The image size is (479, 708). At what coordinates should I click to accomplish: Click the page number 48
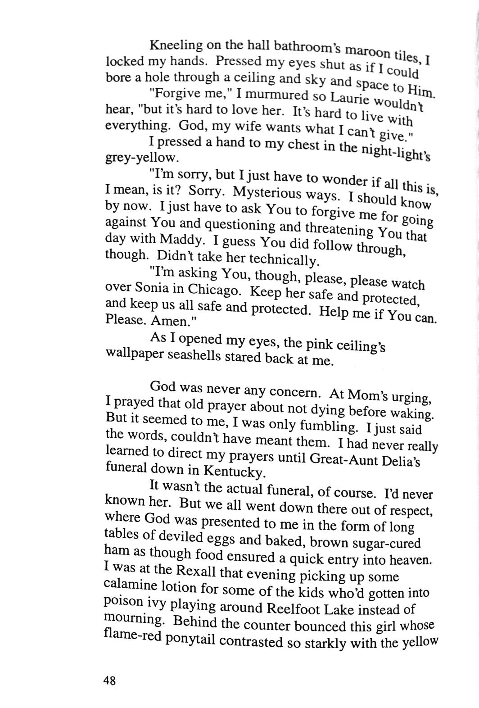(109, 680)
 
